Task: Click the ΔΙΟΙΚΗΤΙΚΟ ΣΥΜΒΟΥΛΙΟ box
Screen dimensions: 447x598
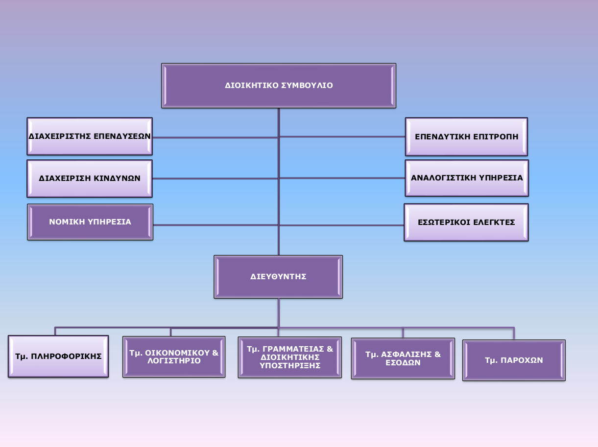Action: coord(278,86)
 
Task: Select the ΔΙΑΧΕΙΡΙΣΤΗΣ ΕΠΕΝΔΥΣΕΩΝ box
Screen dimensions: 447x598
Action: coord(90,136)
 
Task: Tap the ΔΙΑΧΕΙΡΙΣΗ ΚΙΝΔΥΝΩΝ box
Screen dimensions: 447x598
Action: coord(90,179)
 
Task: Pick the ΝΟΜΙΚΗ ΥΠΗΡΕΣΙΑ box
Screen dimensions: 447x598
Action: coord(90,222)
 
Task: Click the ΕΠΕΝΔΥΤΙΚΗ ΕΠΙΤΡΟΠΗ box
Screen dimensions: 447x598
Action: coord(466,136)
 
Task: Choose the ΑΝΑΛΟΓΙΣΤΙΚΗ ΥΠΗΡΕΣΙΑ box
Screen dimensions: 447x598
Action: coord(467,178)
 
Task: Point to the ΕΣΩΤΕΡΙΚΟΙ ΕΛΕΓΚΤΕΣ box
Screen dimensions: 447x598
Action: coord(466,223)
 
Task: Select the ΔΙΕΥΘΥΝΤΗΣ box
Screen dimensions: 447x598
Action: coord(278,277)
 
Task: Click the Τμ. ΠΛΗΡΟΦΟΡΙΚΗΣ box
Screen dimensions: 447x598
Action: coord(58,357)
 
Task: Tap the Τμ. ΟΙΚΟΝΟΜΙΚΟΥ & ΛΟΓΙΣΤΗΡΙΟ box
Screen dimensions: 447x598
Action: coord(174,357)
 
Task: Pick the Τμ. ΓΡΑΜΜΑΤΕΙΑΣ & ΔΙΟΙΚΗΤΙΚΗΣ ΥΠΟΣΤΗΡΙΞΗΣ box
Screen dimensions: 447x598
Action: coord(290,357)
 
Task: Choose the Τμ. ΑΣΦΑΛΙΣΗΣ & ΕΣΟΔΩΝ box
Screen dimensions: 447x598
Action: coord(403,358)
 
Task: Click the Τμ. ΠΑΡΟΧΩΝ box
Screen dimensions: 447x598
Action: coord(514,360)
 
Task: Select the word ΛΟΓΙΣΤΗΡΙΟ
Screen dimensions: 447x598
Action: coord(174,361)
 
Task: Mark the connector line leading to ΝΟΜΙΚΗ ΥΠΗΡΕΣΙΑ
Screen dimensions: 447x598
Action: coord(215,225)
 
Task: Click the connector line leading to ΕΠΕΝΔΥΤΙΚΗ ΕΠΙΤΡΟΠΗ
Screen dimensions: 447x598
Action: coord(343,136)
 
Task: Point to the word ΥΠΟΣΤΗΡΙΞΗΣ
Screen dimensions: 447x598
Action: coord(290,365)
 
